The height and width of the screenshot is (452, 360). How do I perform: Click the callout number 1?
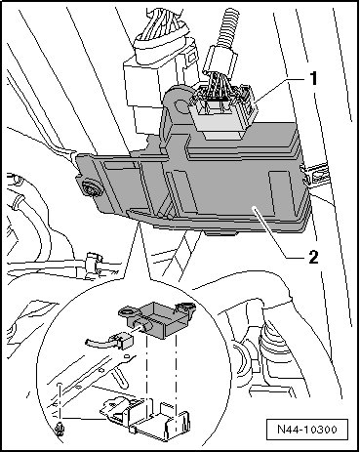(313, 79)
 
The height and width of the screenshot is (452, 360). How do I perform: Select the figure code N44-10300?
(307, 429)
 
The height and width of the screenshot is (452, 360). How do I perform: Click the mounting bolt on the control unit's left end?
(90, 189)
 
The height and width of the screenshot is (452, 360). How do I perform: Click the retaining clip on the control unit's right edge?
(311, 175)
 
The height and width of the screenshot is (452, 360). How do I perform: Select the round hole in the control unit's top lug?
(180, 105)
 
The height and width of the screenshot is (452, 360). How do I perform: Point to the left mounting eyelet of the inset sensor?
(128, 312)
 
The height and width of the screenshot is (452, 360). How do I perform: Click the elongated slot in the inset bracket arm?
(120, 378)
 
